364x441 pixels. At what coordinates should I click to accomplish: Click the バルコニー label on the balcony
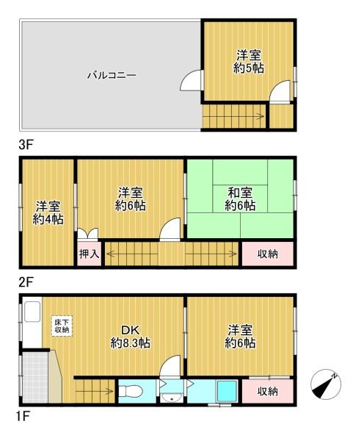pyautogui.click(x=112, y=76)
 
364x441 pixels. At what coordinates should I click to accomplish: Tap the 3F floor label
pyautogui.click(x=26, y=145)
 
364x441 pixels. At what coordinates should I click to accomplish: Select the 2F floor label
pyautogui.click(x=26, y=282)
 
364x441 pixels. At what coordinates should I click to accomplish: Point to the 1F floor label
pyautogui.click(x=22, y=416)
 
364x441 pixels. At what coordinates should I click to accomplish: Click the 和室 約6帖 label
pyautogui.click(x=240, y=199)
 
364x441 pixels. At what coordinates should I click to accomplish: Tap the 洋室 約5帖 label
pyautogui.click(x=249, y=61)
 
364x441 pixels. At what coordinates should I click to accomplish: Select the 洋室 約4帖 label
pyautogui.click(x=48, y=213)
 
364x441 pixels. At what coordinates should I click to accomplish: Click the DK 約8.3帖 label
pyautogui.click(x=131, y=337)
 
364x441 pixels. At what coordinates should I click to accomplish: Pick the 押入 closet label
pyautogui.click(x=89, y=254)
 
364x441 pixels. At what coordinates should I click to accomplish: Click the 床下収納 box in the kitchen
pyautogui.click(x=62, y=326)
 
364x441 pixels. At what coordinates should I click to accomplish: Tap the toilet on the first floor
pyautogui.click(x=131, y=391)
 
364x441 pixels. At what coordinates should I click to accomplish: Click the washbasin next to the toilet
pyautogui.click(x=172, y=398)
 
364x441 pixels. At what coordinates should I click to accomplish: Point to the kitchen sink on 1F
pyautogui.click(x=33, y=312)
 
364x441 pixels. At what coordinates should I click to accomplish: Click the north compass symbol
pyautogui.click(x=326, y=384)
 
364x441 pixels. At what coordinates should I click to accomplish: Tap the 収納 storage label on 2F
pyautogui.click(x=268, y=254)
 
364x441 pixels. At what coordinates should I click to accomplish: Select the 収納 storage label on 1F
pyautogui.click(x=268, y=391)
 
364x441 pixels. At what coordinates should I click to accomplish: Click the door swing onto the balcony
pyautogui.click(x=191, y=80)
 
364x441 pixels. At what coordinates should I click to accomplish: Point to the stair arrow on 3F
pyautogui.click(x=233, y=116)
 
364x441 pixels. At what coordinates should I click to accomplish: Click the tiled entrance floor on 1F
pyautogui.click(x=35, y=377)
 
